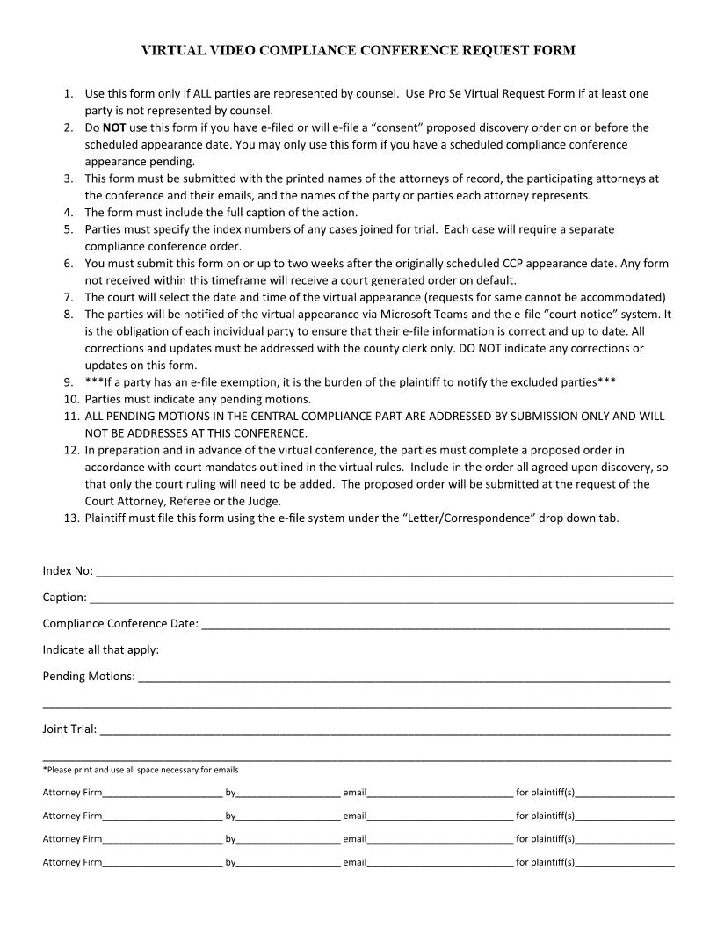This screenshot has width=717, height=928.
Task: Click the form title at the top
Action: (358, 50)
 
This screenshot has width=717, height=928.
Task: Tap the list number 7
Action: (69, 297)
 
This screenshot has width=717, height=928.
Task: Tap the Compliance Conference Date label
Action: (120, 624)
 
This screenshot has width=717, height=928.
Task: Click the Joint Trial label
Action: (69, 729)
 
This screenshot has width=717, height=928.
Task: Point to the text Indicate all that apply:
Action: (101, 650)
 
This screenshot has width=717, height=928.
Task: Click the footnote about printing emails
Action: (141, 770)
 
